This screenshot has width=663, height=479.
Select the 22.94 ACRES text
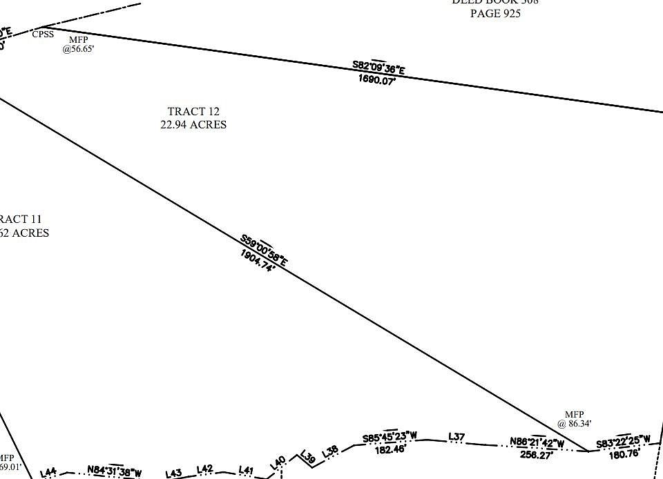193,125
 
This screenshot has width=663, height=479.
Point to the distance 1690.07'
376,80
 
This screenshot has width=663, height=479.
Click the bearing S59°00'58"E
264,250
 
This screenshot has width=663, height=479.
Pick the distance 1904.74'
258,261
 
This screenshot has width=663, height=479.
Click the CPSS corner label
43,34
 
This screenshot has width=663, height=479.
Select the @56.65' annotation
78,49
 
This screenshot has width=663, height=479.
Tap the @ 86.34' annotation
575,424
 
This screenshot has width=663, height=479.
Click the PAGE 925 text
495,13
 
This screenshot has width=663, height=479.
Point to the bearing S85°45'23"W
390,437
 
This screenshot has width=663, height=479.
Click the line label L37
457,436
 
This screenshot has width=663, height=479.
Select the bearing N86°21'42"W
537,442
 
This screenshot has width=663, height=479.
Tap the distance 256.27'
537,455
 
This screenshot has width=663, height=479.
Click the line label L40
279,464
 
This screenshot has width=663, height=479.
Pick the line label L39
308,457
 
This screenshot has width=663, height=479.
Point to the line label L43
173,473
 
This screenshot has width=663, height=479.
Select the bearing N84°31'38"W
115,472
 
